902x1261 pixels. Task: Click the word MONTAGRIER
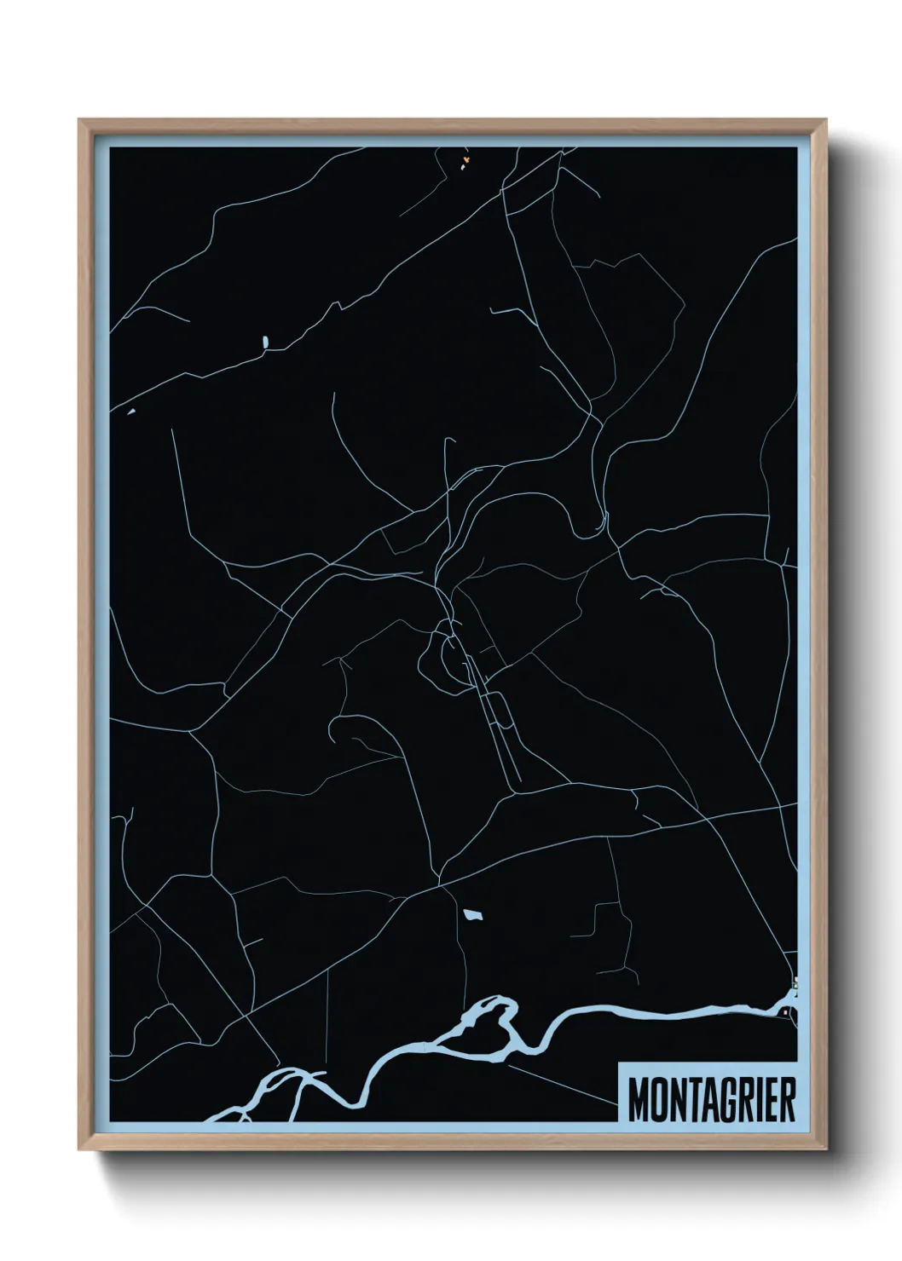tap(712, 1100)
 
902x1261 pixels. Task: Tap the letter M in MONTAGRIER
tap(639, 1100)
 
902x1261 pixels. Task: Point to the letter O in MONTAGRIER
tap(659, 1100)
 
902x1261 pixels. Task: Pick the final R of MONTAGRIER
tap(787, 1100)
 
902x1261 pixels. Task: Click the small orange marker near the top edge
tap(466, 158)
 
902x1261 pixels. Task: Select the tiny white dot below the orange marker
tap(463, 168)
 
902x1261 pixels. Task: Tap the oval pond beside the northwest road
tap(265, 342)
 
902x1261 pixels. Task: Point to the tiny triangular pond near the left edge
tap(131, 412)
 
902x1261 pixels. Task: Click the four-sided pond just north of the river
tap(472, 916)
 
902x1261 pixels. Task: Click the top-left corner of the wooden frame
tap(80, 120)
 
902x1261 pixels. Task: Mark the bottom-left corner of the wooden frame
tap(80, 1150)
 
